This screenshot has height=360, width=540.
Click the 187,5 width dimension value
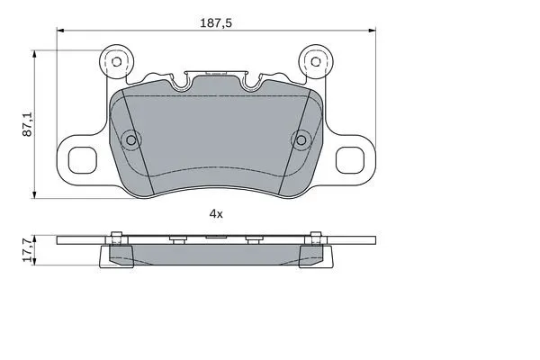[217, 24]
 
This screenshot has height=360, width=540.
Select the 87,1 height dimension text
[29, 124]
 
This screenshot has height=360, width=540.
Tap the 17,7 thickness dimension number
[29, 248]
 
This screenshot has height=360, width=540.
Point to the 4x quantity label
[215, 213]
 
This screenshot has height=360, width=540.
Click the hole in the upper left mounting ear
[114, 62]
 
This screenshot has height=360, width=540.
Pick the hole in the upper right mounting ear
[314, 62]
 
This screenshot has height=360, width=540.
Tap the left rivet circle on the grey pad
[132, 139]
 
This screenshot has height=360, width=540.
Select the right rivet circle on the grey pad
[301, 139]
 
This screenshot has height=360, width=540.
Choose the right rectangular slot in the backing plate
[349, 158]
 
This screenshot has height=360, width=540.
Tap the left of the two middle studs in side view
[177, 238]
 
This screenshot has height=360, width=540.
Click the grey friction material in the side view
[216, 255]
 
